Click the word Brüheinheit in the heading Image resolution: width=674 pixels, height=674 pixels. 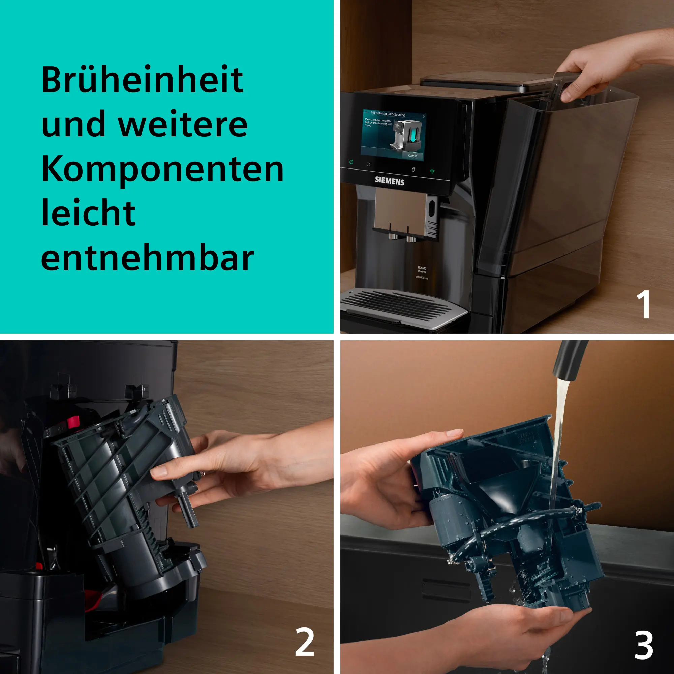point(142,80)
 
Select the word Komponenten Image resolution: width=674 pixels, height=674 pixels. point(162,170)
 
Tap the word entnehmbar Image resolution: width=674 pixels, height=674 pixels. point(147,259)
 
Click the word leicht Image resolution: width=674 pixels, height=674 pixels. point(88,214)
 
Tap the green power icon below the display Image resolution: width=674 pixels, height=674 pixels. point(351,162)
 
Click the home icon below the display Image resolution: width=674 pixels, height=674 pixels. point(368,164)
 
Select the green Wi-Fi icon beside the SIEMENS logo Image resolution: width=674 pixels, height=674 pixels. point(432,171)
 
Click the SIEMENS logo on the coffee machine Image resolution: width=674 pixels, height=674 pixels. point(389,181)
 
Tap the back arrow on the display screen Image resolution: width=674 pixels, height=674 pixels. point(367,112)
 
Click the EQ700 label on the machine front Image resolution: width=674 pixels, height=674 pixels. point(422,268)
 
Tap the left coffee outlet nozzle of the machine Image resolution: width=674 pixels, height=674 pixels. point(393,236)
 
